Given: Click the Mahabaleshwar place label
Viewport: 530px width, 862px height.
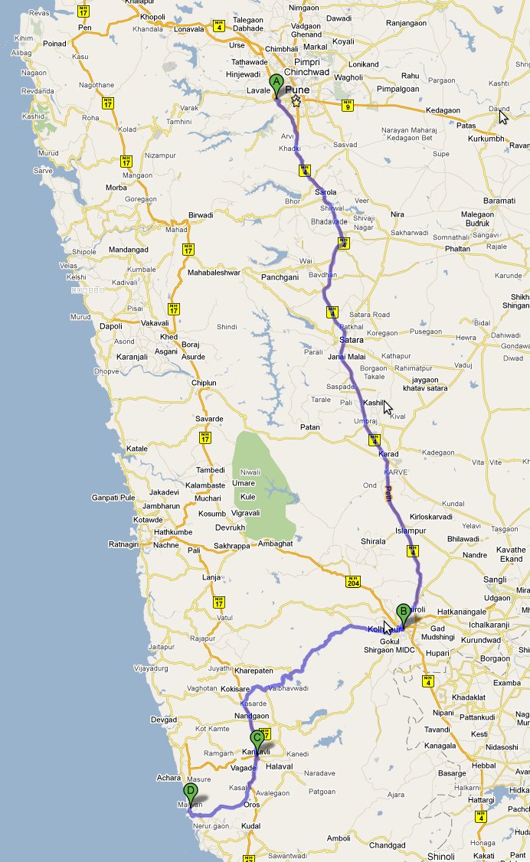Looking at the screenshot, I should pos(214,273).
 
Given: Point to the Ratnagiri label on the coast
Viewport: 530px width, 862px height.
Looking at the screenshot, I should pos(125,544).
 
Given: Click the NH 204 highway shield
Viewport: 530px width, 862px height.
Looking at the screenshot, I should pos(352,582).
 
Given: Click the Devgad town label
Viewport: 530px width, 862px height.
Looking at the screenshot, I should pos(164,720).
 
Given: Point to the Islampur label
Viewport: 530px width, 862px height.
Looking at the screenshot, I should pos(410,530).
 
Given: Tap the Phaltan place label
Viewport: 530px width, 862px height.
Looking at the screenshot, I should pos(458,249).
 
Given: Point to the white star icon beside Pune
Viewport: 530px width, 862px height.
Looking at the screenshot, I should pos(296,101).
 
